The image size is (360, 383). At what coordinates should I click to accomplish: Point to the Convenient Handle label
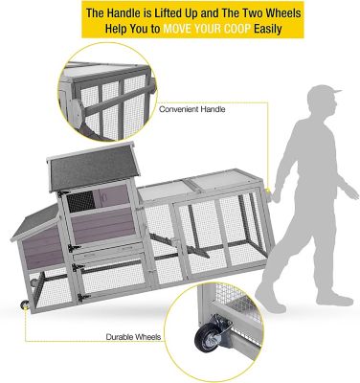(x=192, y=110)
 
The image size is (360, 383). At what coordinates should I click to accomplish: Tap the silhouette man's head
(x=315, y=101)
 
